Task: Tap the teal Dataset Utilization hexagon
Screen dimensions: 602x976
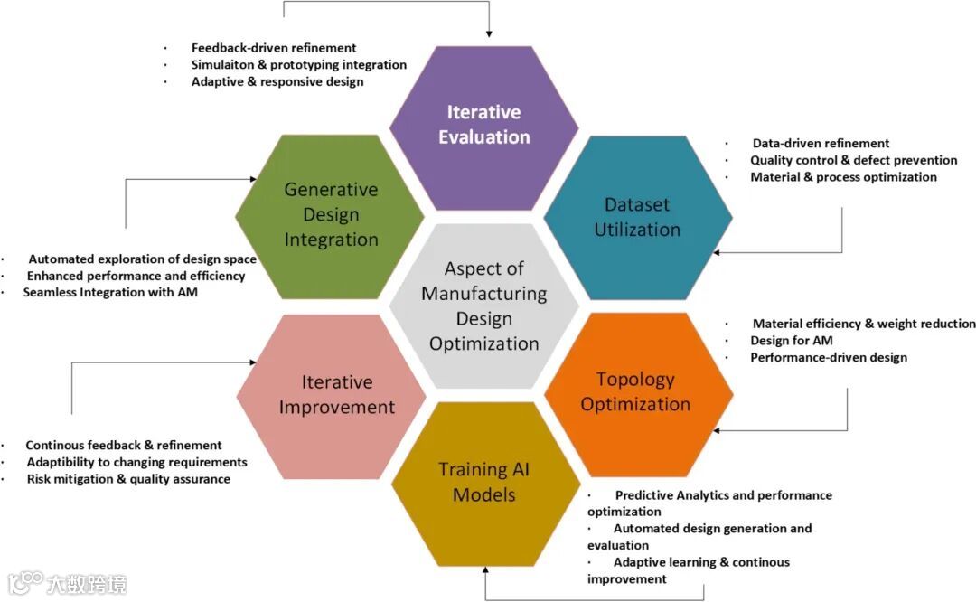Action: [x=637, y=217]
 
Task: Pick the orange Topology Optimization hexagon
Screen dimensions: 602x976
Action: [x=636, y=392]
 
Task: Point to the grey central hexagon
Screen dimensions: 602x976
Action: [x=484, y=306]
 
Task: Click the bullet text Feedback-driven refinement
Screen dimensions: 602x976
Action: [x=274, y=48]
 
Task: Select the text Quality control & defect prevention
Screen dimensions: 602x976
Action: [x=854, y=161]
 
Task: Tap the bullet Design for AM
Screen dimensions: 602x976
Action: [x=792, y=341]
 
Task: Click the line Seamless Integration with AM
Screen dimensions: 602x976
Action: [x=110, y=293]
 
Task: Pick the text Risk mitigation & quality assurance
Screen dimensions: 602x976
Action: [x=128, y=479]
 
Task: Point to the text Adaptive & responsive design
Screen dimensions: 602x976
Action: [x=277, y=82]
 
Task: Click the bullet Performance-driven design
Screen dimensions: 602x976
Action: [x=829, y=358]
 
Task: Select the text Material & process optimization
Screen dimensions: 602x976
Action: [x=843, y=178]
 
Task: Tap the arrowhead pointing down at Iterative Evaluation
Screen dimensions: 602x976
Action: [x=489, y=33]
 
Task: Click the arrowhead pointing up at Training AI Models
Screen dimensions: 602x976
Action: [x=485, y=571]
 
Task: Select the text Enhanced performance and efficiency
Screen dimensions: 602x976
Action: [x=136, y=276]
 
